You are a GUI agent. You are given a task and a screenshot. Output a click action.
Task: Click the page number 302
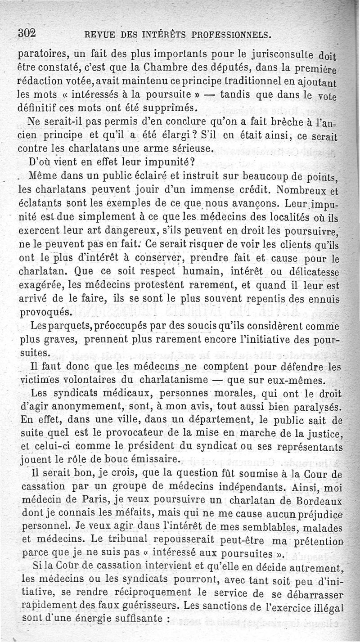tap(27, 34)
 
